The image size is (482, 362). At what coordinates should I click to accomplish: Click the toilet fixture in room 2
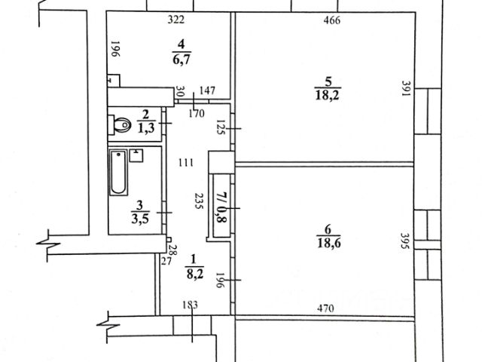click(x=119, y=124)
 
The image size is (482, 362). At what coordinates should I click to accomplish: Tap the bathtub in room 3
click(x=118, y=173)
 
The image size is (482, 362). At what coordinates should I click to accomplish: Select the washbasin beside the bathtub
click(x=136, y=155)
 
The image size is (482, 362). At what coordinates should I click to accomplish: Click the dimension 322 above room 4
click(x=176, y=20)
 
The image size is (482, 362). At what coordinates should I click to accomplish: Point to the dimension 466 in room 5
click(x=332, y=20)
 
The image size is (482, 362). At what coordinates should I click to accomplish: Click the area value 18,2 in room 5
click(x=327, y=96)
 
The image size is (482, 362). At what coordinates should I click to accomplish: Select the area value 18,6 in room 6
click(x=328, y=243)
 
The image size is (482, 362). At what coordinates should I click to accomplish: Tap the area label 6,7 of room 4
click(x=182, y=59)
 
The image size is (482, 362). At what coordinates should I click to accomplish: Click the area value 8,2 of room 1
click(x=195, y=273)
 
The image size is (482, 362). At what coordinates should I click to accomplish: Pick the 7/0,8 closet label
click(x=221, y=207)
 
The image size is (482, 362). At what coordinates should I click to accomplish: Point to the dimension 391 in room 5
click(x=407, y=88)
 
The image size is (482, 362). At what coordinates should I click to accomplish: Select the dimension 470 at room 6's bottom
click(x=325, y=308)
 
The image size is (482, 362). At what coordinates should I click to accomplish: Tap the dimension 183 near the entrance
click(x=191, y=305)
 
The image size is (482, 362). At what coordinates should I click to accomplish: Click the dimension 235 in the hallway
click(x=199, y=201)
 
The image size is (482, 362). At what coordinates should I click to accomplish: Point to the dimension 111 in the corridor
click(x=186, y=162)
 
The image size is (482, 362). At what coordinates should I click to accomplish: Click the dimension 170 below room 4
click(x=197, y=114)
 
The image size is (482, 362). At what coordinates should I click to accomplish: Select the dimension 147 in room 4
click(x=207, y=90)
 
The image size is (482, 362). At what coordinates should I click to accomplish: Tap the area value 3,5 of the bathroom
click(x=140, y=219)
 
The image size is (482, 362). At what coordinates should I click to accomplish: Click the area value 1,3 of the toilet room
click(x=146, y=127)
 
